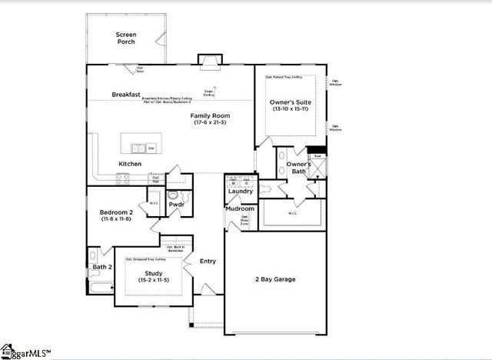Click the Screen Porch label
[x=126, y=38]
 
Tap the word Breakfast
[x=125, y=95]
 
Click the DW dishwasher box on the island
[x=151, y=148]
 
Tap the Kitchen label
[x=129, y=164]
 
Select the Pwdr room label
[x=176, y=205]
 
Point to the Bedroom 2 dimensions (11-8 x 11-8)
[x=115, y=219]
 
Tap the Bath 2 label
[x=102, y=267]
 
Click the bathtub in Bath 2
[x=101, y=288]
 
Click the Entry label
[x=208, y=262]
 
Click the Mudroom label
[x=240, y=208]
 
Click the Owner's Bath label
[x=298, y=168]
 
